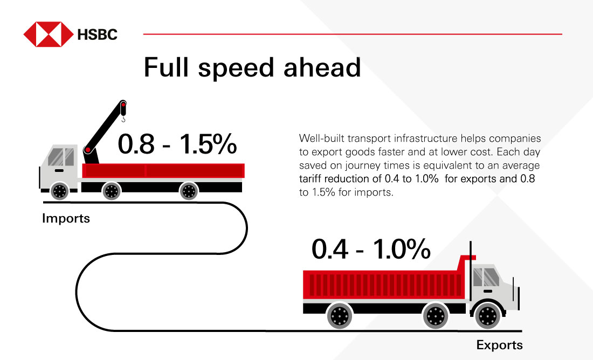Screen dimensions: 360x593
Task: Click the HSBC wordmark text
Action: point(97,35)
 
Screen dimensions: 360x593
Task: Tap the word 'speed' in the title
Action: point(243,68)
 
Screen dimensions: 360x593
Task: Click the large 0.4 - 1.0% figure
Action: point(371,250)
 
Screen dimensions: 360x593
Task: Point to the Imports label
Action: point(66,219)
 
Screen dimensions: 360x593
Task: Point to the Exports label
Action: point(499,345)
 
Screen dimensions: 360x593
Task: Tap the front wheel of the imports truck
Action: point(59,190)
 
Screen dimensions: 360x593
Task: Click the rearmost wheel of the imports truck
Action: point(189,190)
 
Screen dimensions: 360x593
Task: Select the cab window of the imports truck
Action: point(61,157)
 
